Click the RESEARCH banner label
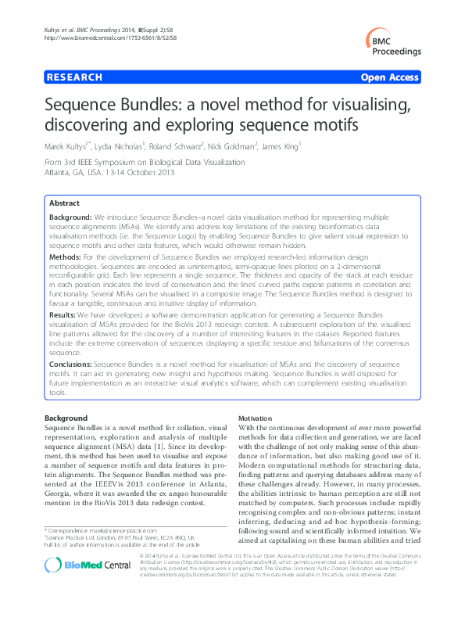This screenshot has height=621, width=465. (75, 77)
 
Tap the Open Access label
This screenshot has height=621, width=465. (392, 77)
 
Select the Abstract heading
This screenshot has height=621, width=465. (65, 202)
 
